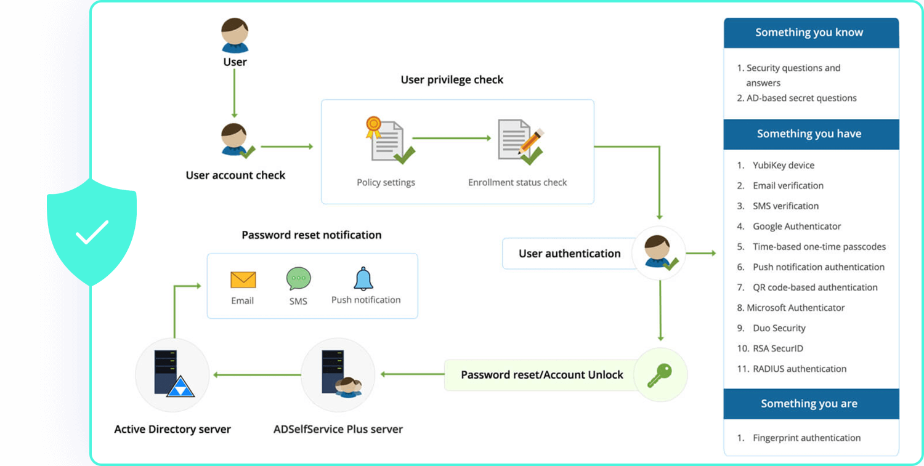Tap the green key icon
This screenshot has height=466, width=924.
[x=660, y=374]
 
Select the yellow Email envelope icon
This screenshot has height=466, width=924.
[x=243, y=280]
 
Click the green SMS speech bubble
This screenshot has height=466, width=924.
[x=299, y=279]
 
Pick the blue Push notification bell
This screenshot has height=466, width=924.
[x=363, y=279]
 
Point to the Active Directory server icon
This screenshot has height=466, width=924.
[x=172, y=374]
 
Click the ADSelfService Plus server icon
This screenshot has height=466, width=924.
[x=338, y=374]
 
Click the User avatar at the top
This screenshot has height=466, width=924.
[x=235, y=36]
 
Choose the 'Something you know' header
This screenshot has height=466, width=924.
[x=809, y=33]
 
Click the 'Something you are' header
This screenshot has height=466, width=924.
[x=809, y=404]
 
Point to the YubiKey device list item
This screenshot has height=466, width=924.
[x=784, y=165]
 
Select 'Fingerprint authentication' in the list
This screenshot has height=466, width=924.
[x=806, y=438]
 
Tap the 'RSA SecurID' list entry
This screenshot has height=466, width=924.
[x=777, y=348]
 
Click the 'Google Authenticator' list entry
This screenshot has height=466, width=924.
[x=796, y=226]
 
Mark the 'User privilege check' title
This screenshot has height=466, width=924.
[x=452, y=80]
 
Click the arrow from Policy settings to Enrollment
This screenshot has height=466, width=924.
[x=452, y=139]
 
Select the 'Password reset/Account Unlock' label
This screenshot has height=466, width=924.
[x=542, y=375]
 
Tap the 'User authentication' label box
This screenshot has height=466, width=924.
[x=569, y=254]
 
